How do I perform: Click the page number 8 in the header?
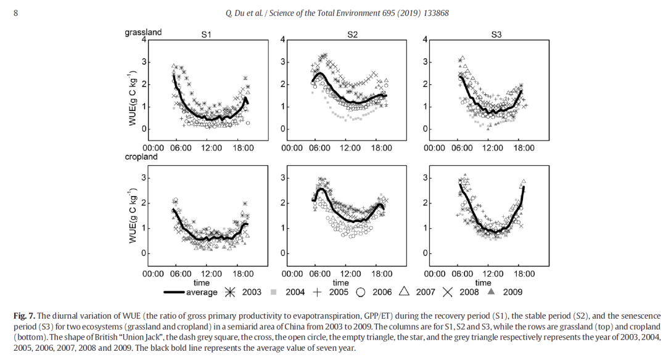click(x=15, y=13)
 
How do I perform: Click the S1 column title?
click(x=207, y=35)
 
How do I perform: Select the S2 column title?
click(x=352, y=35)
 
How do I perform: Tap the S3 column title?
click(x=496, y=35)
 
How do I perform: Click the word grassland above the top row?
click(x=143, y=32)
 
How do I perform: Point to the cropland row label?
click(x=141, y=157)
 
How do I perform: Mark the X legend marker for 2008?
click(x=447, y=292)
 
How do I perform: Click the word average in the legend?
click(x=203, y=292)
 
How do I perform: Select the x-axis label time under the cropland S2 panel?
click(x=351, y=282)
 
